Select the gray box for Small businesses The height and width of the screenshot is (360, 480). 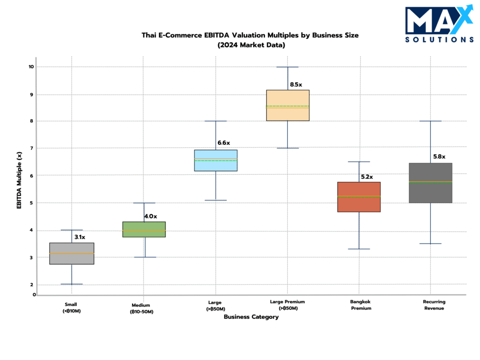[72, 254]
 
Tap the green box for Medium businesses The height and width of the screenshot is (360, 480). [144, 229]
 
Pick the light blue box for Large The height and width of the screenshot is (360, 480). [216, 160]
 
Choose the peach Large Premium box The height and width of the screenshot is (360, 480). [287, 105]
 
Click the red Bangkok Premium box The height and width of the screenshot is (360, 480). [359, 197]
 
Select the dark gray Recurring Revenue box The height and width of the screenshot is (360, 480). [430, 183]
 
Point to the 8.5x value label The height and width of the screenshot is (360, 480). [296, 85]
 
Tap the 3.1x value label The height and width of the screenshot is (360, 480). [80, 237]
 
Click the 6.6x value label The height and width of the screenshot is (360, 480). [224, 142]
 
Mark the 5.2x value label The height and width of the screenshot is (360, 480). [367, 177]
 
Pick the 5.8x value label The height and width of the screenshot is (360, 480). [439, 157]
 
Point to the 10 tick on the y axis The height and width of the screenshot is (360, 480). [31, 67]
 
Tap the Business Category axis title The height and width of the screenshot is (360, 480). [251, 317]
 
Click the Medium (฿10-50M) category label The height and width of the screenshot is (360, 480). [142, 308]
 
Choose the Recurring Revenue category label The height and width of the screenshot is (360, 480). [434, 305]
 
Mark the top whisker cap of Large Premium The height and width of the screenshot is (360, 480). [287, 67]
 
